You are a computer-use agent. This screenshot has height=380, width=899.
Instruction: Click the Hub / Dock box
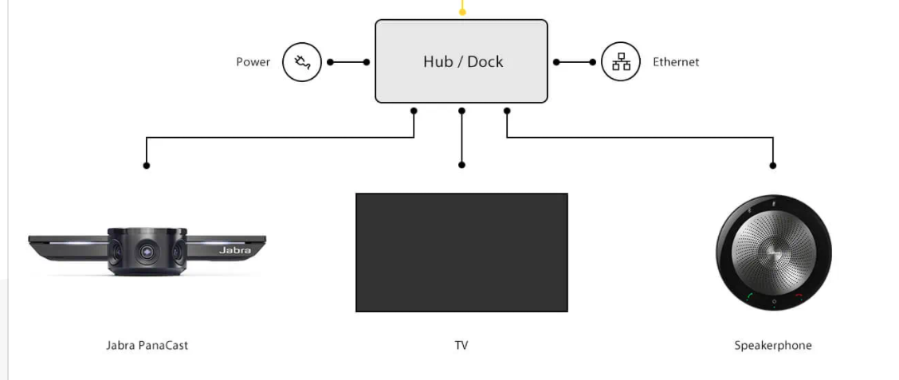(x=461, y=61)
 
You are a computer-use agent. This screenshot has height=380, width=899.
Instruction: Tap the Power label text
(x=253, y=62)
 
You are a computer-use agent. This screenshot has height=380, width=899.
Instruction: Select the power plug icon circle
(x=302, y=62)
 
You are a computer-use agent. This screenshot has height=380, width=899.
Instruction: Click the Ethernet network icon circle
(x=620, y=62)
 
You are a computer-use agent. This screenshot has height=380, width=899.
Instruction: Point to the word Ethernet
(x=675, y=62)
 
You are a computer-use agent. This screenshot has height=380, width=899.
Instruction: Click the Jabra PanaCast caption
(x=147, y=346)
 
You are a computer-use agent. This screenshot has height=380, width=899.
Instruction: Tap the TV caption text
(x=461, y=346)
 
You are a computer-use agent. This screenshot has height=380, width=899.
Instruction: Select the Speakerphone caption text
(x=772, y=346)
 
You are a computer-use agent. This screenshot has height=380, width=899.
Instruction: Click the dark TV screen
(x=461, y=253)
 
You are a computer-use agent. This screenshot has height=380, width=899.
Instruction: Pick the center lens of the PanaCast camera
(x=147, y=251)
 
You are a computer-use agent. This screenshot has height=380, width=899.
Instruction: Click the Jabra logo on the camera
(x=234, y=250)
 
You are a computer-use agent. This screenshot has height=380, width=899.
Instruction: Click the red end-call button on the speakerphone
(x=798, y=296)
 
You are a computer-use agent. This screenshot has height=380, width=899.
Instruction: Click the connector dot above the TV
(x=461, y=165)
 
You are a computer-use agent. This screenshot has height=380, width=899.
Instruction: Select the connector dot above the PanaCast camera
(x=147, y=165)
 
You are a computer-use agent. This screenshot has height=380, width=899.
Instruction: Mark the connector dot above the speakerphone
(x=772, y=165)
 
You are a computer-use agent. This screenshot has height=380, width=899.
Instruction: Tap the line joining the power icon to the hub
(x=348, y=62)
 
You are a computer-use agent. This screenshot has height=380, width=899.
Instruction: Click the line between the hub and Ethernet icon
(x=575, y=62)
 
